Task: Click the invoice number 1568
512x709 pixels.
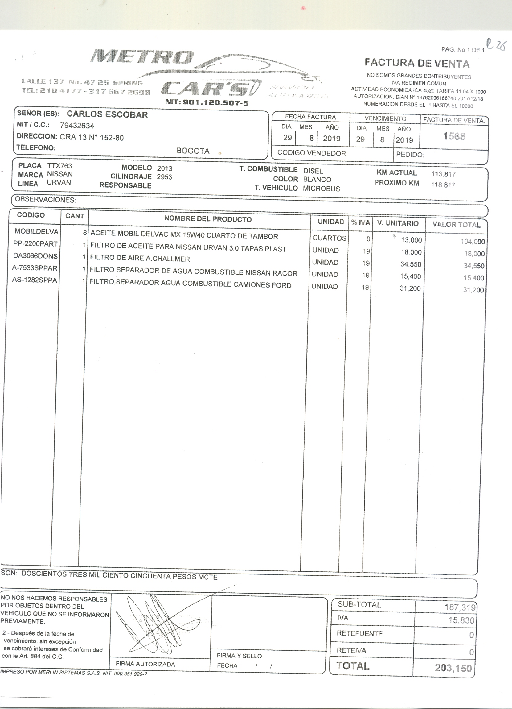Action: tap(454, 136)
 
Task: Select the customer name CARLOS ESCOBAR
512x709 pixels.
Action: tap(107, 115)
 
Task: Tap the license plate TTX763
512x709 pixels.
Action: tap(59, 166)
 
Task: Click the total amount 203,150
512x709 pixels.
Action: tap(453, 668)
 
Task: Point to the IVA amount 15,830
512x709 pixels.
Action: tap(461, 620)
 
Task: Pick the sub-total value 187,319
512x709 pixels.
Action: tap(460, 607)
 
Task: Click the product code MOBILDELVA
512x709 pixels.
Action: tap(36, 232)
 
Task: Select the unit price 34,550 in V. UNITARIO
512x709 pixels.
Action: tap(411, 264)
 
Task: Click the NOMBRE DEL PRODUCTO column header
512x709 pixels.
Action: tap(208, 219)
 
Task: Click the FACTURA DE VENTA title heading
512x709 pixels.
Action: tap(417, 64)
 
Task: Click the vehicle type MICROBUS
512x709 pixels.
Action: tap(321, 189)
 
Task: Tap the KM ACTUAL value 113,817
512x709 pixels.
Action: tap(443, 174)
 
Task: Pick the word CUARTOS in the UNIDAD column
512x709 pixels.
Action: tap(329, 238)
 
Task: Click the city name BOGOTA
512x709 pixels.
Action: tap(193, 151)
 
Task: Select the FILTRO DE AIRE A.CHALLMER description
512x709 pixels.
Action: tap(140, 259)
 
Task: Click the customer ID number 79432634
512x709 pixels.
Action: tap(77, 126)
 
